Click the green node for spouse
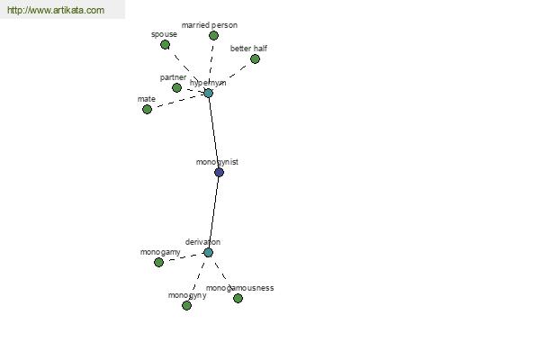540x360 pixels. (166, 44)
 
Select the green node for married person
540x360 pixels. (213, 35)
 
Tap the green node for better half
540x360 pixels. (255, 58)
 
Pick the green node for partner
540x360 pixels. (176, 87)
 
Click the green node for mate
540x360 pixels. (147, 109)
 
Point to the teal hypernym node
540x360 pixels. (209, 93)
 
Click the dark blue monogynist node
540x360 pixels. (219, 172)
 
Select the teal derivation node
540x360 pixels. (208, 253)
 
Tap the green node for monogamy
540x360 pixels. (158, 263)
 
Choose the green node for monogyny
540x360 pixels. (186, 306)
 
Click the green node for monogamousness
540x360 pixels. (238, 298)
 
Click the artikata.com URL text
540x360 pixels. (56, 10)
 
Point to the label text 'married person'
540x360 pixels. (210, 25)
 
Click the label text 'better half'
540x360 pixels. (248, 49)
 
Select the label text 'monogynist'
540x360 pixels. (217, 162)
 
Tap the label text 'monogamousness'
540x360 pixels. (240, 288)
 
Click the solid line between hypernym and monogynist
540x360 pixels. (214, 132)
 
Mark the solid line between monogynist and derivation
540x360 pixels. (213, 212)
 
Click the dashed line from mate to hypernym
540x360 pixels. (177, 101)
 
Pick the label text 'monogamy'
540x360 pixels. (160, 252)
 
